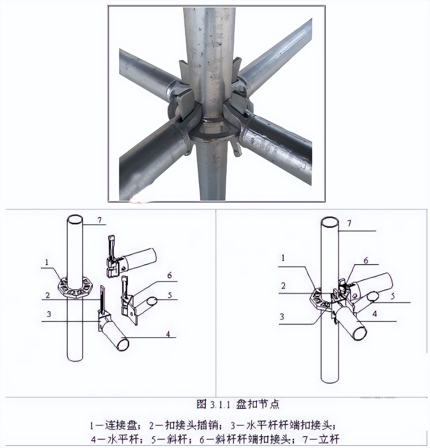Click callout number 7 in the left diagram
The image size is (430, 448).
(x=100, y=220)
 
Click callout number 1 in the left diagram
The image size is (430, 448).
(x=47, y=262)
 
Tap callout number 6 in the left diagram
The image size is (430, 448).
(x=169, y=275)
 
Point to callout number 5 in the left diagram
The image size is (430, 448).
(x=170, y=295)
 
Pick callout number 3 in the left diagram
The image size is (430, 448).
(x=49, y=314)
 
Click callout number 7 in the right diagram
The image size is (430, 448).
(x=349, y=223)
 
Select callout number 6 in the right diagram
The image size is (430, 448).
(x=366, y=260)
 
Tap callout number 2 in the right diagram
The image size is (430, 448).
(x=283, y=286)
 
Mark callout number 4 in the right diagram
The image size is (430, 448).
(x=375, y=313)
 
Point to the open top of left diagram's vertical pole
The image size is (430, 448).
(x=75, y=219)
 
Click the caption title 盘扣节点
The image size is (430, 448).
(x=258, y=404)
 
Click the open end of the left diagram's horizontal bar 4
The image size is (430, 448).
(x=122, y=344)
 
